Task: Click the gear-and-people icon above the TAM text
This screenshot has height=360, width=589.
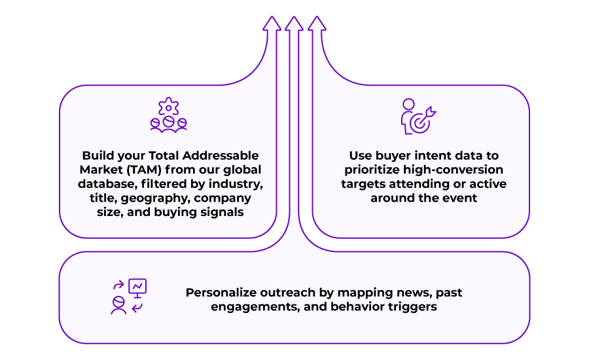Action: [169, 115]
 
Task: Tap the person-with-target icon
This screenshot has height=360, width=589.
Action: [418, 117]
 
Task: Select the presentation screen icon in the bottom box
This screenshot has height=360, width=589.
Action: [137, 288]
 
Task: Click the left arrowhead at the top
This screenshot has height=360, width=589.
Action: [272, 24]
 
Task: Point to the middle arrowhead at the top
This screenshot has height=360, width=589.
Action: [294, 24]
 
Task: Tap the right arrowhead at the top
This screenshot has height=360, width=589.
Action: [317, 24]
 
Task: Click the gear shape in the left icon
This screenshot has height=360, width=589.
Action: [169, 107]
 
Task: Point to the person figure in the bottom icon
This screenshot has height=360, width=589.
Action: [118, 305]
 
